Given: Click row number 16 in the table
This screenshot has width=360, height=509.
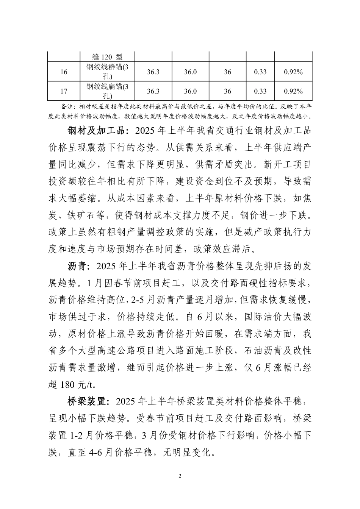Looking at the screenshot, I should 64,72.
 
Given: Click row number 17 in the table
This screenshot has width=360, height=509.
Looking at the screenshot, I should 64,91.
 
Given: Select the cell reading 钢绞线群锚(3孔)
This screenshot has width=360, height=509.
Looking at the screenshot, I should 108,72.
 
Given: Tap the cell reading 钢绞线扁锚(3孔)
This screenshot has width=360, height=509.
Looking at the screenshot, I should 108,91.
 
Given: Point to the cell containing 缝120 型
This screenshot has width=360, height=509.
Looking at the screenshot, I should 108,57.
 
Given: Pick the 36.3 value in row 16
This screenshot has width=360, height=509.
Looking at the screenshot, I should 153,72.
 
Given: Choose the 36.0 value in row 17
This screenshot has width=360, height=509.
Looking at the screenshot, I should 190,91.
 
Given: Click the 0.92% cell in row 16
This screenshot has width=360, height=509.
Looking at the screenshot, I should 293,72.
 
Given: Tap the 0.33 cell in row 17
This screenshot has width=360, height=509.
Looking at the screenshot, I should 260,91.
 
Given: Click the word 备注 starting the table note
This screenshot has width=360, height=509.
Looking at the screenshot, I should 66,106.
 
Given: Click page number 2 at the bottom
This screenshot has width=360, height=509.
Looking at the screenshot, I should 180,476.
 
